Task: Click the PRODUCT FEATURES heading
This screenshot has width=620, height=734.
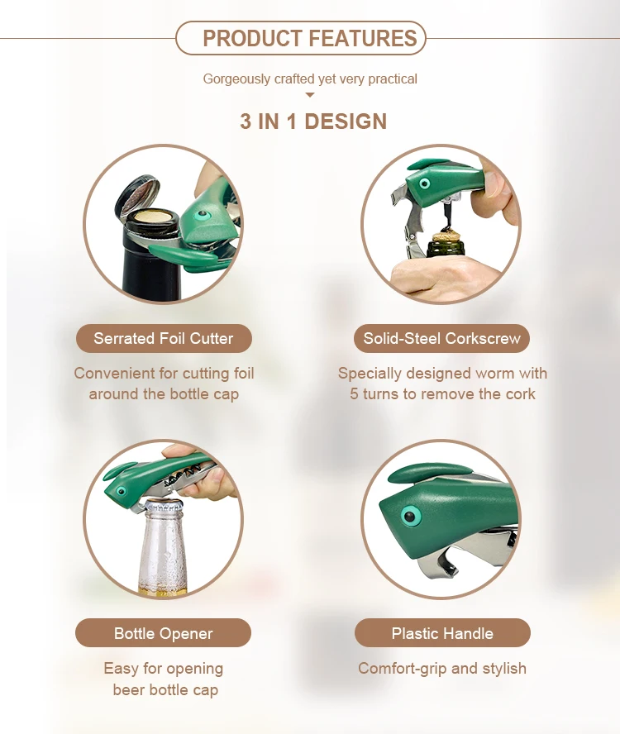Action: coord(309,38)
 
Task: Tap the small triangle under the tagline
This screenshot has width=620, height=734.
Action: coord(309,95)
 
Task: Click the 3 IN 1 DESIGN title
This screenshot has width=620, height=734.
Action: coord(313,122)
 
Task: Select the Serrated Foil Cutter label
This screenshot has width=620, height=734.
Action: coord(164,338)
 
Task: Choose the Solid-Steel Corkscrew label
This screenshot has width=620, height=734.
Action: coord(441,338)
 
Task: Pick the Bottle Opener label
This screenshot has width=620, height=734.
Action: coord(163,633)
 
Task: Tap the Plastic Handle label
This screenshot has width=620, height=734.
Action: coord(442,633)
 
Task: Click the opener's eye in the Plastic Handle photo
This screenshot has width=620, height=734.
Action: coord(410,517)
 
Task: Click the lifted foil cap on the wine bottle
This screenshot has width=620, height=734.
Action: coord(136,193)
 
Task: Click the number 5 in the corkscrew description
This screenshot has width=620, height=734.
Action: coord(354,393)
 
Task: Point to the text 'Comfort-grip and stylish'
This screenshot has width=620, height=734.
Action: coord(442,668)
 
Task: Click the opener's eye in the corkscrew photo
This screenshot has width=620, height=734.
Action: coord(424,183)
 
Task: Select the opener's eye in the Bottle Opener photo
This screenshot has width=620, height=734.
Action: coord(122,491)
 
